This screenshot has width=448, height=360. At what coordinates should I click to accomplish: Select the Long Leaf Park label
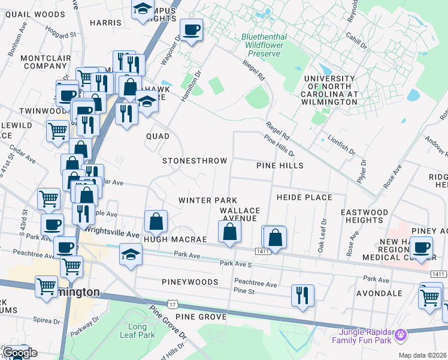coord(141,331)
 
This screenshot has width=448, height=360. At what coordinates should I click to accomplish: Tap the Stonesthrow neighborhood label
coord(195,161)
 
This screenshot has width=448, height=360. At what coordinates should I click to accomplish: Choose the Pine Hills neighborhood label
coord(280,165)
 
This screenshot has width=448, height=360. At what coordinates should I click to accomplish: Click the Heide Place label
coord(304,197)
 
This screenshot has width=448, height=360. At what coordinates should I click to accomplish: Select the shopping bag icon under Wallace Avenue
coord(230,232)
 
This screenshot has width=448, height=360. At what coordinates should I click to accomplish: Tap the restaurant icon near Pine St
coord(302,295)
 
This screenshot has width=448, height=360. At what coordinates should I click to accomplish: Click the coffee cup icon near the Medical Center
coord(422,247)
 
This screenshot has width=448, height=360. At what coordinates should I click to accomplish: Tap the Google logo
coord(19,353)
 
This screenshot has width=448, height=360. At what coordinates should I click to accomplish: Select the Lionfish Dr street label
coord(341,144)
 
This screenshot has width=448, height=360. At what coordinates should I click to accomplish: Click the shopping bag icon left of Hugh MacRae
coord(156,221)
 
